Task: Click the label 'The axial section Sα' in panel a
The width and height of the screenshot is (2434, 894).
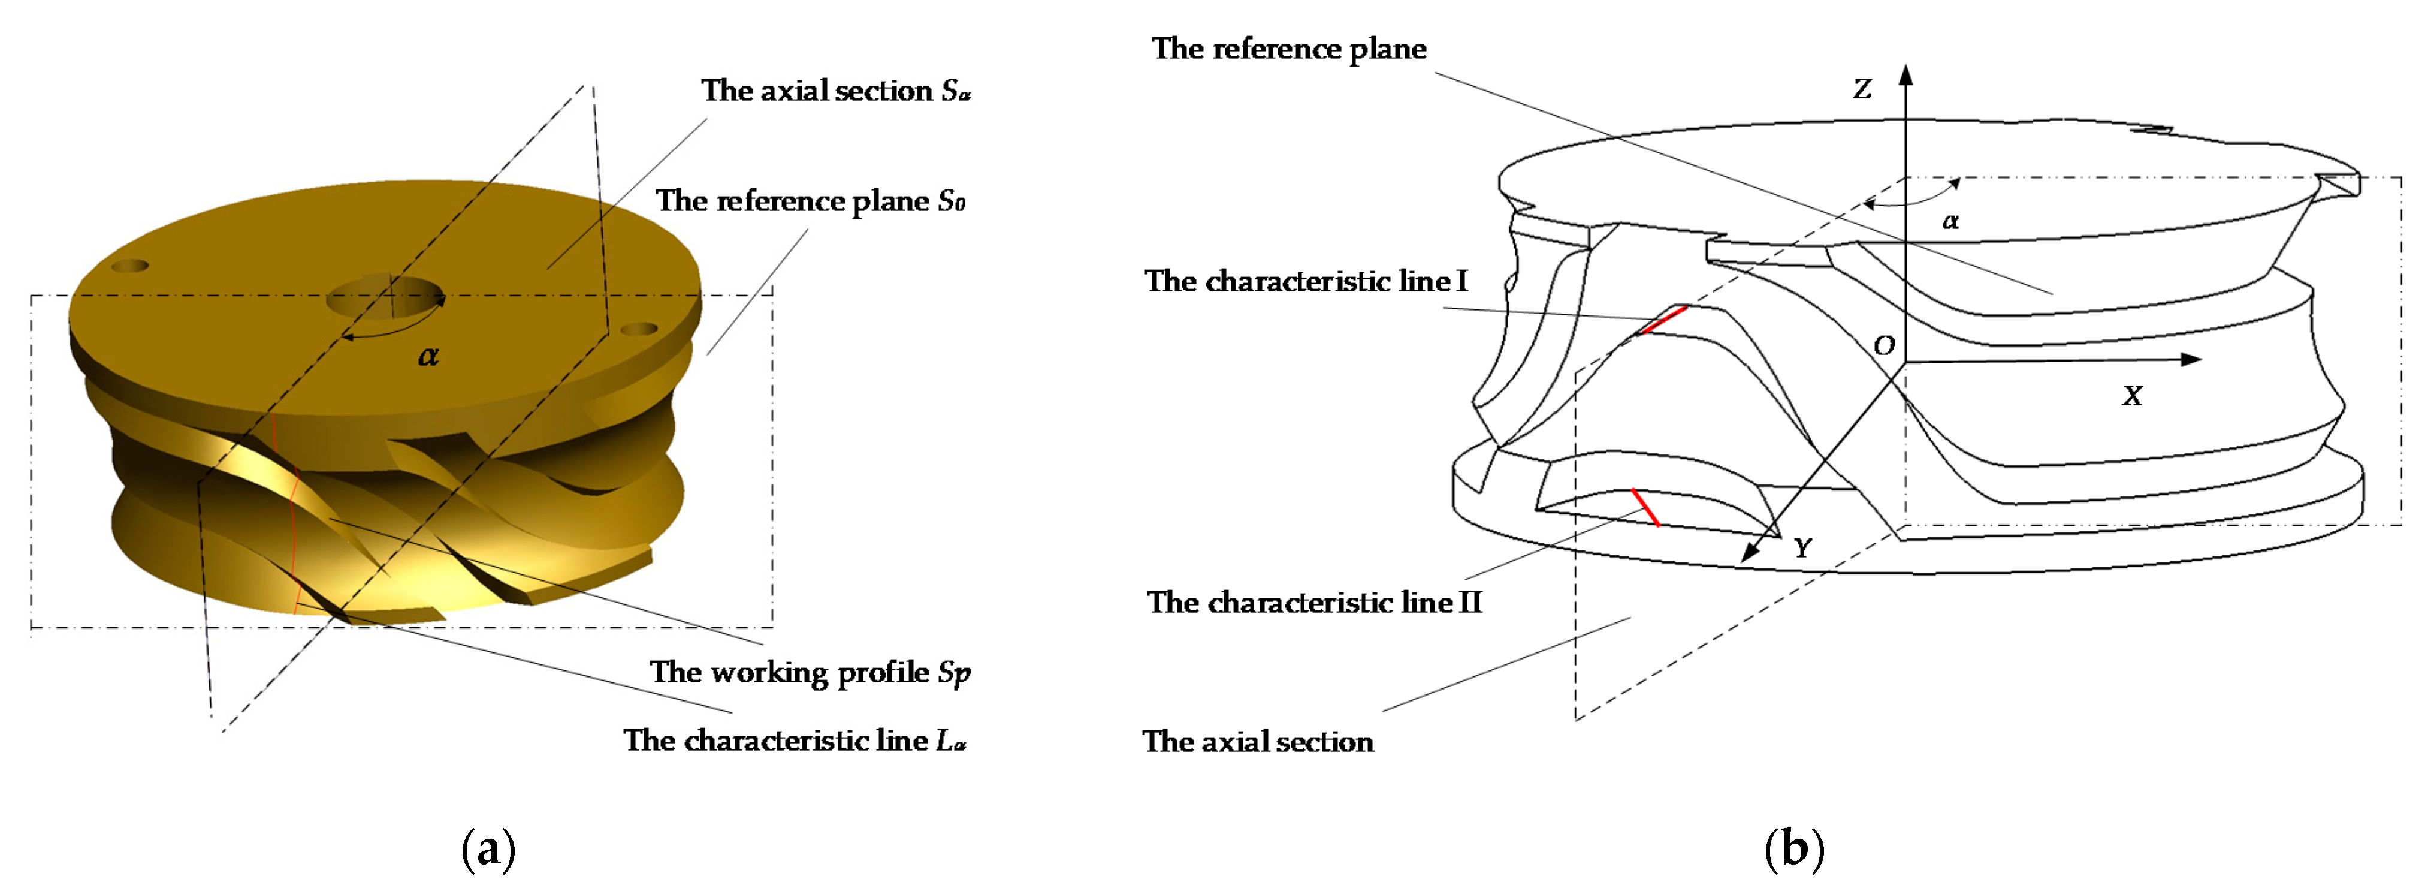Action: [835, 91]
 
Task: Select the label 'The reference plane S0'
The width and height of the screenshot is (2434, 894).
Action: [810, 201]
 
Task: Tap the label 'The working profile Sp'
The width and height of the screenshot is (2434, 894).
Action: [810, 672]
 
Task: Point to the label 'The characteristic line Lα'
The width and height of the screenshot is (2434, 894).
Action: [795, 740]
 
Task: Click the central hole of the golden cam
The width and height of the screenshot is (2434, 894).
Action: [385, 299]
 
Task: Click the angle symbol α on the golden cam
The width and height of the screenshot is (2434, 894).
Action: [428, 356]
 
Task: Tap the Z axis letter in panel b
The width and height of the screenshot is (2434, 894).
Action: [1861, 90]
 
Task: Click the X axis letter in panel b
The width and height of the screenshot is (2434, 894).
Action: [2131, 396]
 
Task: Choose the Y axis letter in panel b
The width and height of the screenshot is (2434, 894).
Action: [1802, 548]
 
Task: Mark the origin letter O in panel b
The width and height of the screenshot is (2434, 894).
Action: [1883, 346]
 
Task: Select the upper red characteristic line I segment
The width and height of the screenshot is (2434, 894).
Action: [1662, 320]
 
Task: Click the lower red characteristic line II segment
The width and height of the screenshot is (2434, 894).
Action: [1646, 507]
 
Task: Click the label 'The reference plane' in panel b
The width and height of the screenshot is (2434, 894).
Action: [1289, 49]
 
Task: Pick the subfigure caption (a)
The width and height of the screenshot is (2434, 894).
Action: [488, 848]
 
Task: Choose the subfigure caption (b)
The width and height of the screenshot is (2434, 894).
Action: [1794, 848]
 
